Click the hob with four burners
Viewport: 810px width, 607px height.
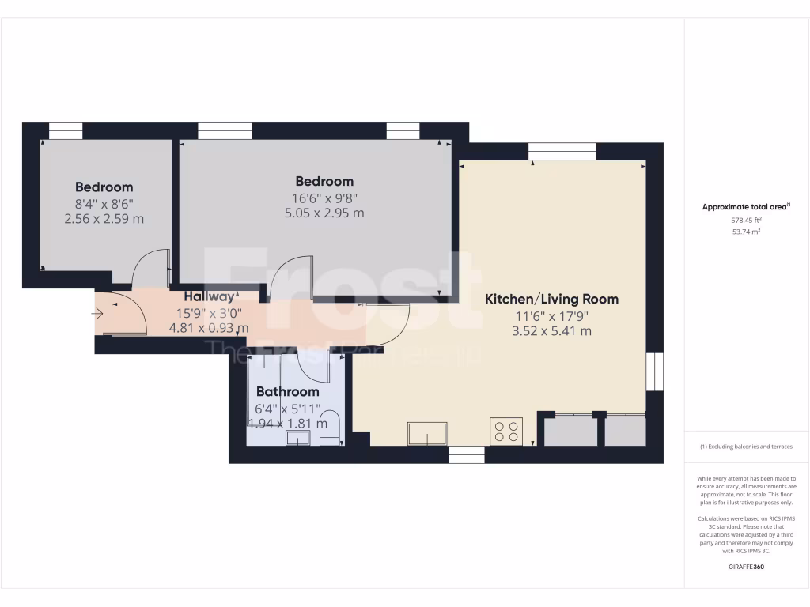(x=505, y=431)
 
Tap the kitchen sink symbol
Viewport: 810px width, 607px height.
(x=427, y=433)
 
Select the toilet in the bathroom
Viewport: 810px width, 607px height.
(x=331, y=428)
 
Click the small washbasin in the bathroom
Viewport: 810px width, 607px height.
(x=297, y=438)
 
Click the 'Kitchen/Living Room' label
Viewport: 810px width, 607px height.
(x=551, y=299)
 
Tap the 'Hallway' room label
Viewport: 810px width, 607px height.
(x=210, y=296)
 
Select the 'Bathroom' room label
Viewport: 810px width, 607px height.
(x=287, y=391)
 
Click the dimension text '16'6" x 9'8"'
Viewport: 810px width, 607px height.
(x=324, y=198)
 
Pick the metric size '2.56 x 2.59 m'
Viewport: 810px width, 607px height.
(x=104, y=218)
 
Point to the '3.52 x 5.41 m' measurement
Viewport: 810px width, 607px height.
(x=551, y=331)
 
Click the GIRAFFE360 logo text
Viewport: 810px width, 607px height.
(x=746, y=567)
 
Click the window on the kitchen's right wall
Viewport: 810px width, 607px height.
(x=653, y=371)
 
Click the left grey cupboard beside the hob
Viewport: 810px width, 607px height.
(x=570, y=430)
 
